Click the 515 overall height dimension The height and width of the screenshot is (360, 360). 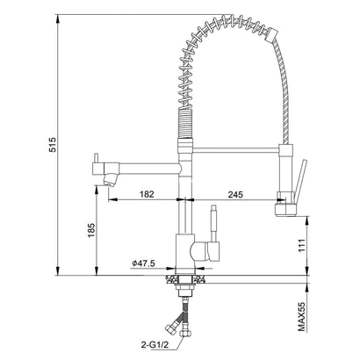point(53,145)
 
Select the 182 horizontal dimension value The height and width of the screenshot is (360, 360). point(147,194)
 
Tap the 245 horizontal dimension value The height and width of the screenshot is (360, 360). point(235,194)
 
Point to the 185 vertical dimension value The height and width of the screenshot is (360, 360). point(91,230)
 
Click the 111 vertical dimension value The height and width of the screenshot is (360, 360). point(302,245)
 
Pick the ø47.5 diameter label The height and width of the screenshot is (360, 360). point(143,263)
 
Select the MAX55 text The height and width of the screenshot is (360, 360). point(302,317)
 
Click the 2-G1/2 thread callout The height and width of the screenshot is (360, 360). point(155,345)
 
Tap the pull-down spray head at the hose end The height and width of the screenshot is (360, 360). point(285,204)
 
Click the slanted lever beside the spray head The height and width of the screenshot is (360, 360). point(300,181)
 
